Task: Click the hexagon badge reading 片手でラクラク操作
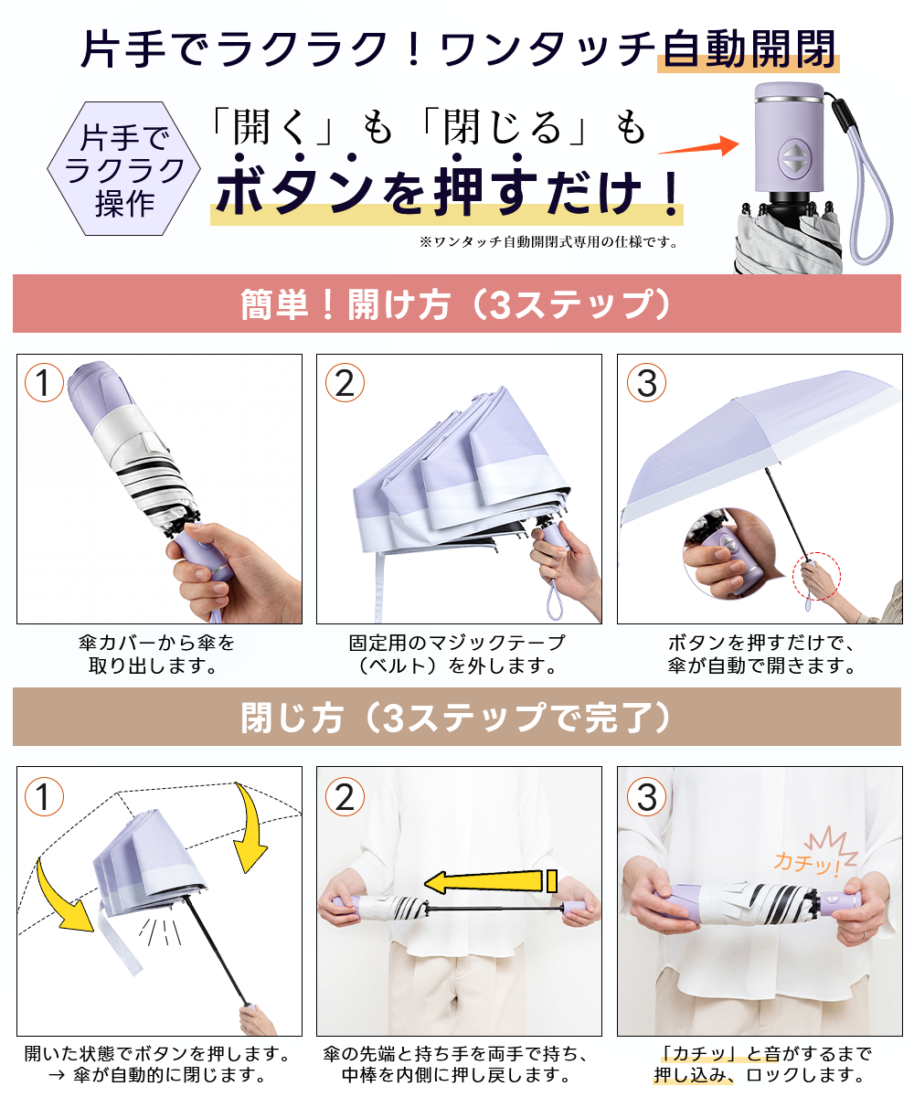(124, 168)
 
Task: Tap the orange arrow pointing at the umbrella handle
(698, 146)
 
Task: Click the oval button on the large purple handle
(793, 157)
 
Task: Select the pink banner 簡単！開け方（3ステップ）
(456, 304)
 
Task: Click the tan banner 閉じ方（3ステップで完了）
(456, 717)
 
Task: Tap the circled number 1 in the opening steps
(44, 382)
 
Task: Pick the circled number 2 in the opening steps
(345, 382)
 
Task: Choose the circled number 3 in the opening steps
(646, 382)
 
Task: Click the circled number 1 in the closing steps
(44, 796)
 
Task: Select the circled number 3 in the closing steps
(646, 796)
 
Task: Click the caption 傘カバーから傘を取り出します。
(156, 655)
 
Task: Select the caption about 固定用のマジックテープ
(456, 655)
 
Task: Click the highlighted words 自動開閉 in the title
(749, 49)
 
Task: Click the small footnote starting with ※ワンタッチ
(548, 241)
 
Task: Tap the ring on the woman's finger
(865, 935)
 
